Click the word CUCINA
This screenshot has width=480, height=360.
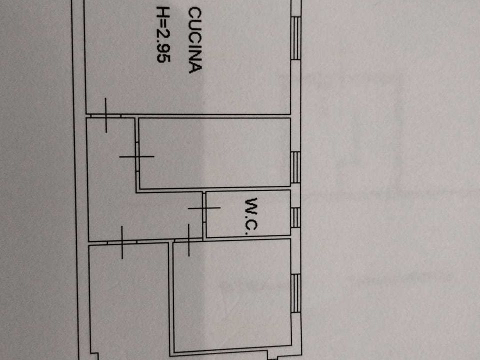click(x=195, y=40)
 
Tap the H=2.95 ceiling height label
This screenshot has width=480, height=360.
click(x=163, y=34)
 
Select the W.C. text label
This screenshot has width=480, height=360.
click(x=252, y=216)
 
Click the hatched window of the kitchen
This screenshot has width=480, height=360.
click(x=295, y=38)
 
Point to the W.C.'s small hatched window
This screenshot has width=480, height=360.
click(x=295, y=217)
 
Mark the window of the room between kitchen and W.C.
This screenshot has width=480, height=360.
click(x=295, y=167)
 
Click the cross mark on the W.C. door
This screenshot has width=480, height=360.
click(x=204, y=208)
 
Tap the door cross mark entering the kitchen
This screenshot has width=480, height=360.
click(x=106, y=115)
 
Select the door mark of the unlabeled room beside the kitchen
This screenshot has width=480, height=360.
click(x=137, y=156)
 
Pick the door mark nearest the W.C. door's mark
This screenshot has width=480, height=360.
click(x=188, y=240)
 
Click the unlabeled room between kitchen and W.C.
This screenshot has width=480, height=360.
click(x=214, y=152)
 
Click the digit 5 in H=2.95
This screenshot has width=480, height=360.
click(x=163, y=58)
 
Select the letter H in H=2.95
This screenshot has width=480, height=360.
click(x=163, y=11)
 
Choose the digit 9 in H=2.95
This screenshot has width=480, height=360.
click(x=163, y=47)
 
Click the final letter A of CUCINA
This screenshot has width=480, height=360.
click(x=195, y=67)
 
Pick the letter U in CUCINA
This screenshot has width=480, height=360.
click(x=195, y=25)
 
